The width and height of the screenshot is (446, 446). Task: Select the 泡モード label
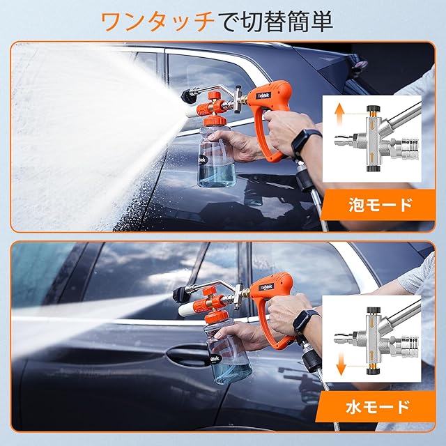(x=380, y=205)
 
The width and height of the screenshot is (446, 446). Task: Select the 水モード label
(x=378, y=407)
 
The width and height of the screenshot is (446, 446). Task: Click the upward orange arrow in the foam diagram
(x=340, y=115)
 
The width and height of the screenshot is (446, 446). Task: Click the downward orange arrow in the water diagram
(x=341, y=364)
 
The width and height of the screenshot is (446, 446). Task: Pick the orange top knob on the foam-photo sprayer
(x=214, y=96)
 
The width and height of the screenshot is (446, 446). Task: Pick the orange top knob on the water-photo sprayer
(x=209, y=291)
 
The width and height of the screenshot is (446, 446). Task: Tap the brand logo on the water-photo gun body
(x=266, y=286)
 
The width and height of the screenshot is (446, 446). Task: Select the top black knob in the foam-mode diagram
(x=374, y=109)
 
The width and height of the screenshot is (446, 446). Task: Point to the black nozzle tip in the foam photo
(x=187, y=96)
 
